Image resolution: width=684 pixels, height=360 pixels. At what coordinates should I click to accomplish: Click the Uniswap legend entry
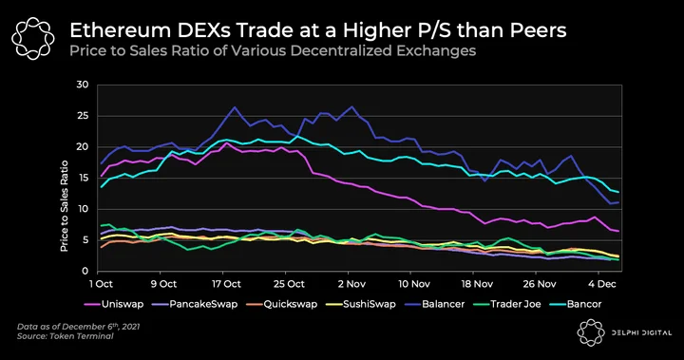pyautogui.click(x=114, y=304)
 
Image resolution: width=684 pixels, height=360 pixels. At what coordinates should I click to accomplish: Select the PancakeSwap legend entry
pyautogui.click(x=195, y=304)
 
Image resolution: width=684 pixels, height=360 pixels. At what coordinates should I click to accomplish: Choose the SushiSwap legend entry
pyautogui.click(x=361, y=304)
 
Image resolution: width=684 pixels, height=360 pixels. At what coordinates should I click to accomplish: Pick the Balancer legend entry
pyautogui.click(x=434, y=304)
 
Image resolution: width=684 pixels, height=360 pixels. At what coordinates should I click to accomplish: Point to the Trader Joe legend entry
pyautogui.click(x=507, y=304)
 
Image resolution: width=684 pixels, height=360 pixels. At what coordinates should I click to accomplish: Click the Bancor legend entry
pyautogui.click(x=576, y=304)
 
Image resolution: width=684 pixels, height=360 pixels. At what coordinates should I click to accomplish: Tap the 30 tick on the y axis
pyautogui.click(x=82, y=85)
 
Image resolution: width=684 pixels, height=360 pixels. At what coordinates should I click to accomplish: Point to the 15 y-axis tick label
pyautogui.click(x=83, y=178)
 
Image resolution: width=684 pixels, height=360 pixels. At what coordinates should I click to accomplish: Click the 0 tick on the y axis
pyautogui.click(x=85, y=271)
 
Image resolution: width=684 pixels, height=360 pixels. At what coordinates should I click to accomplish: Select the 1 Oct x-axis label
pyautogui.click(x=101, y=284)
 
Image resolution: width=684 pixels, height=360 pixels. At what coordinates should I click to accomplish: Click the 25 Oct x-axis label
pyautogui.click(x=289, y=284)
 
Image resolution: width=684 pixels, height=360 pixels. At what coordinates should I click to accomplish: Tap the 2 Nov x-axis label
pyautogui.click(x=351, y=284)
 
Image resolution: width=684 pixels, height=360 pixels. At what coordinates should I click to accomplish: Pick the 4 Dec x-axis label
pyautogui.click(x=602, y=284)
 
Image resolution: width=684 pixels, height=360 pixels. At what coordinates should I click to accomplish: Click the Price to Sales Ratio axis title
pyautogui.click(x=65, y=206)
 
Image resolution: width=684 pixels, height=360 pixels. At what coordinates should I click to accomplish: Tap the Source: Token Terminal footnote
pyautogui.click(x=65, y=336)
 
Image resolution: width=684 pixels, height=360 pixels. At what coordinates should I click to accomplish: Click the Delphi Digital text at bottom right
pyautogui.click(x=641, y=333)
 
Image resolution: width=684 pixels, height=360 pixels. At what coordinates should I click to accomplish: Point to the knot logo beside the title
pyautogui.click(x=33, y=38)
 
